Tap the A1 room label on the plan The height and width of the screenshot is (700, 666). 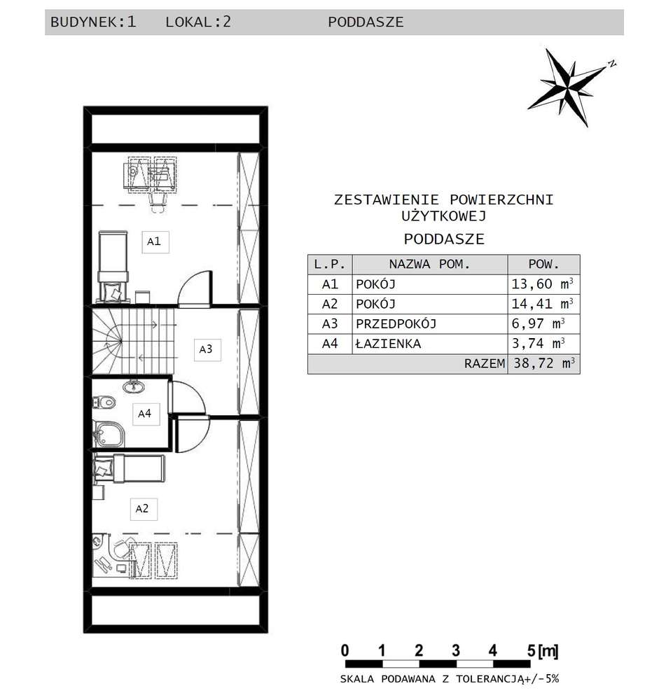coord(154,241)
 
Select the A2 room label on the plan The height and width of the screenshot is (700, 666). coord(142,509)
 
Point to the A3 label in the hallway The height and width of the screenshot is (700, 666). coord(205,348)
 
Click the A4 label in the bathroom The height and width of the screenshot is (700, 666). coord(144,414)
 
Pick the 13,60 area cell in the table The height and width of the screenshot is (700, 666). coord(542,284)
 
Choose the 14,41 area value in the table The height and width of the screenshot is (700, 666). coord(542,304)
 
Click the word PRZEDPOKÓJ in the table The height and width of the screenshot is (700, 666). coord(396,324)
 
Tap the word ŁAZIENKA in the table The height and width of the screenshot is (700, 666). coord(388,344)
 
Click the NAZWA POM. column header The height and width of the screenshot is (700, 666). coord(429,265)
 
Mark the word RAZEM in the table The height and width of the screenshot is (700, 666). coord(484,364)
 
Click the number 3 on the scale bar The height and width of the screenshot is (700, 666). coord(456,650)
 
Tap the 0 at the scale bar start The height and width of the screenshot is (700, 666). coord(345,650)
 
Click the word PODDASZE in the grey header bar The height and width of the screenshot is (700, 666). coord(366,22)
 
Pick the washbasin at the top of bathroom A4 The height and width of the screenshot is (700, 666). coord(131,386)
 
